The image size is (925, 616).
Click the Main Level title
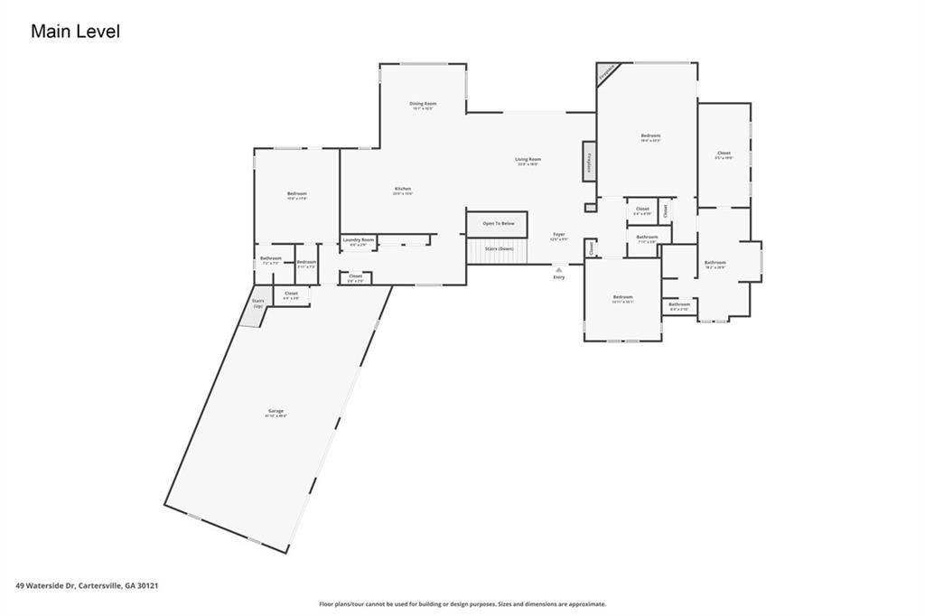point(75,32)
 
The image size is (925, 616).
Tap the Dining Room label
point(424,105)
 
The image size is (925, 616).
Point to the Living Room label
point(528,161)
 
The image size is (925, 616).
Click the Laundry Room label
point(358,241)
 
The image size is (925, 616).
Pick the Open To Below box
point(498,223)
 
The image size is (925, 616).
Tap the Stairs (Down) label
point(498,248)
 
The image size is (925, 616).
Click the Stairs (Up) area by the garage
point(257,304)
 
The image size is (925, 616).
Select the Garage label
point(275,413)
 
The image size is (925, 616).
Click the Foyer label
point(559,236)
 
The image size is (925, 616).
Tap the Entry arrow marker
point(559,269)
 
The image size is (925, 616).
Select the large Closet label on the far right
point(724,154)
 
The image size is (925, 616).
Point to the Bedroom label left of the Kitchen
point(297,195)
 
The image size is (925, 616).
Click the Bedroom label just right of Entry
point(622,298)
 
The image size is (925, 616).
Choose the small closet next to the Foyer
point(591,247)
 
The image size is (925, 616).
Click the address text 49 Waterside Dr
point(88,585)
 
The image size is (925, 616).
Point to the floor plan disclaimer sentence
point(462,604)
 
